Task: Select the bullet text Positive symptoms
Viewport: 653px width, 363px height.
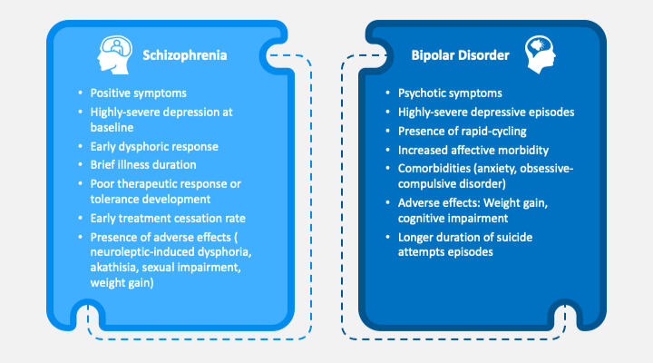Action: (x=138, y=93)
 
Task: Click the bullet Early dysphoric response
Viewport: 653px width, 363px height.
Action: (x=154, y=146)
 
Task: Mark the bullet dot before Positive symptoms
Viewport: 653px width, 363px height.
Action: (x=80, y=93)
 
